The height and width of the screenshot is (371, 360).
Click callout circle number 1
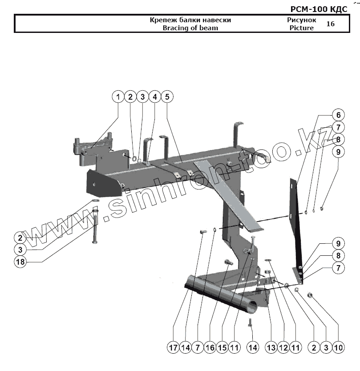point(118,97)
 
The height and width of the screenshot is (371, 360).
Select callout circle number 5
point(167,97)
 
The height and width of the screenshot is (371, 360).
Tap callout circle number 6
point(338,114)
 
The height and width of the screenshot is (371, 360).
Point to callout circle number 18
point(20,262)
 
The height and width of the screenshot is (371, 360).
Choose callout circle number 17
point(173,347)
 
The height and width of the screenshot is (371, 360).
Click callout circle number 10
point(338,347)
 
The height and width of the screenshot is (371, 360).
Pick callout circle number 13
point(271,347)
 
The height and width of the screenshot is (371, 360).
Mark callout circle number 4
point(155,97)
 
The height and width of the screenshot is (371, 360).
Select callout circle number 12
point(283,347)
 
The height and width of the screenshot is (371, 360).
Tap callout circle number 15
point(222,347)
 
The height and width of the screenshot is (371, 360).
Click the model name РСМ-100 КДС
point(319,9)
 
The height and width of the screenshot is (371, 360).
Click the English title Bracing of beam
point(190,28)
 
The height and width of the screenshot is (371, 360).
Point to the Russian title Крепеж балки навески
point(190,20)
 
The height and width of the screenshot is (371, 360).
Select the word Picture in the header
point(301,28)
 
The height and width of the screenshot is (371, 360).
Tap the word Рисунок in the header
point(302,20)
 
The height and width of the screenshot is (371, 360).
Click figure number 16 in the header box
point(330,24)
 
